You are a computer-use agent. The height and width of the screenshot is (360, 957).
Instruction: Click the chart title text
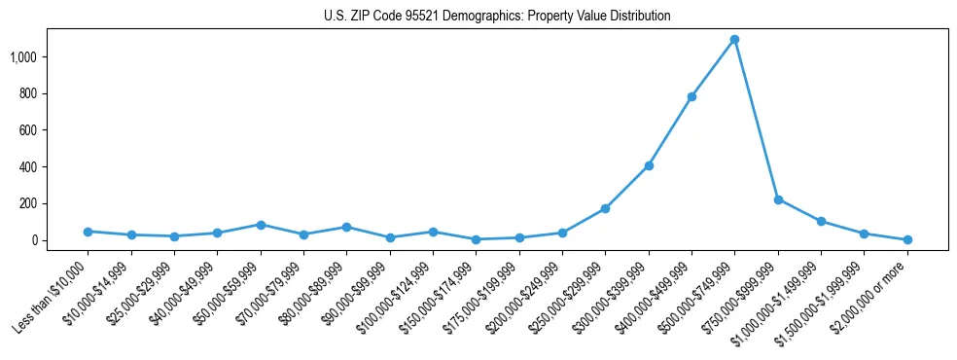click(497, 17)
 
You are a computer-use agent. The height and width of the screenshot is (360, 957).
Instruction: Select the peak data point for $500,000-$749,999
click(734, 40)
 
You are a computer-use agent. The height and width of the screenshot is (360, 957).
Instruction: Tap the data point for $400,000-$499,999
click(691, 96)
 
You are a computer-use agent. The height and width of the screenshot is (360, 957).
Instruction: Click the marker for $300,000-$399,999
click(649, 165)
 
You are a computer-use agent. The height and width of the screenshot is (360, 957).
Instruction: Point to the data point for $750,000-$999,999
click(778, 199)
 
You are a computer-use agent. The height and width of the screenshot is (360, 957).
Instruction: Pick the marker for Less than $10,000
click(88, 232)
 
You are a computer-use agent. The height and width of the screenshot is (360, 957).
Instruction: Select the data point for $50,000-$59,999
click(261, 225)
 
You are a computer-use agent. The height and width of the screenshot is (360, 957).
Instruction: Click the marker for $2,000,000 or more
click(907, 239)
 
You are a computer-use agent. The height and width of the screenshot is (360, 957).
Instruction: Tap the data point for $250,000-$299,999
click(605, 208)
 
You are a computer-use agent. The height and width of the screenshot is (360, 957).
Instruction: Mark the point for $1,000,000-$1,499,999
click(821, 221)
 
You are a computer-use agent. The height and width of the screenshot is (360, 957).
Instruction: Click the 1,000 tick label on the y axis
click(23, 57)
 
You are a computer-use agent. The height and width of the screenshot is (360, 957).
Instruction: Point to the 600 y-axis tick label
click(27, 130)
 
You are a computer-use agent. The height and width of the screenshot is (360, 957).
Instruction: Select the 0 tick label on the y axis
click(33, 240)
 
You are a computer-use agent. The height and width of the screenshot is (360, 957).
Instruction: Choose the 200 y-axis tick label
click(27, 203)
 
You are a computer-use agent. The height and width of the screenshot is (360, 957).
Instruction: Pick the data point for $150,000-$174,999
click(476, 239)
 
